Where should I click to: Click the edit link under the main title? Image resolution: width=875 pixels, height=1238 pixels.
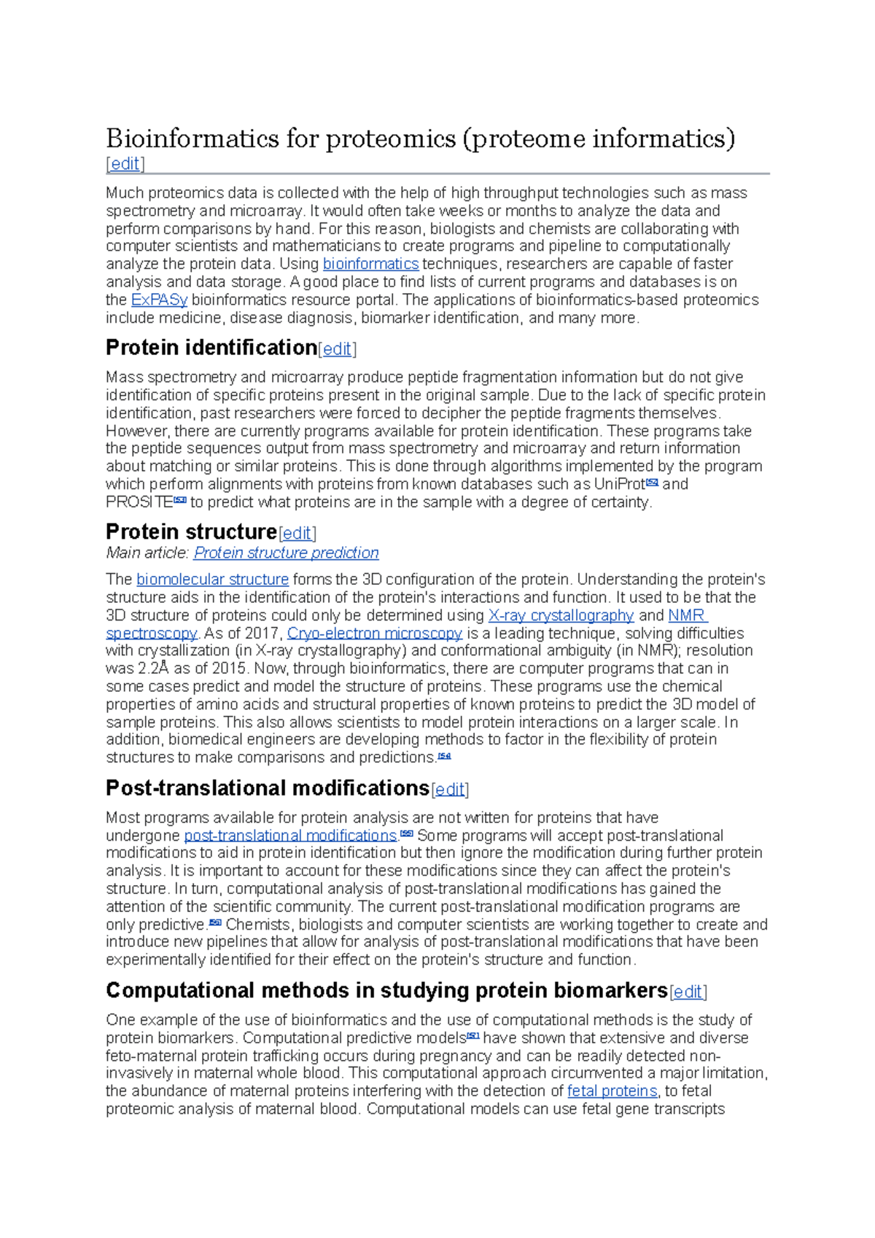click(125, 164)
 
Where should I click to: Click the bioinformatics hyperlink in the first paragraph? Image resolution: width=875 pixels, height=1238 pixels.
click(370, 264)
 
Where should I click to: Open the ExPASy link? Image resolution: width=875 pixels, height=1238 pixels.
click(159, 300)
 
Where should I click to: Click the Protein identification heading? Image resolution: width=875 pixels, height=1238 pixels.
click(211, 347)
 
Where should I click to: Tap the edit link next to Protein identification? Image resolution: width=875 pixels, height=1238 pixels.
click(337, 349)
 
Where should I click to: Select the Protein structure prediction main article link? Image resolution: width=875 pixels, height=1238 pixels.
click(286, 553)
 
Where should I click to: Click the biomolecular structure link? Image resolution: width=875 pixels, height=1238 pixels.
click(212, 580)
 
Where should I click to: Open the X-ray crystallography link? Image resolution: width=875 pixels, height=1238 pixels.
click(561, 615)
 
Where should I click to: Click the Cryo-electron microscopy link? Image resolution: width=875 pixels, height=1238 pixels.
click(374, 633)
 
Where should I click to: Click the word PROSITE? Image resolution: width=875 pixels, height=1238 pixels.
click(139, 502)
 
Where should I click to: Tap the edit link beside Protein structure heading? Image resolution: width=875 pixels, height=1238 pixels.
click(297, 533)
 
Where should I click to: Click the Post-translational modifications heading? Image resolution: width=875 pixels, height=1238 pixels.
click(267, 788)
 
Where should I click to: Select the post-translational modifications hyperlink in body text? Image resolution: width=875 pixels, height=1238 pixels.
click(290, 836)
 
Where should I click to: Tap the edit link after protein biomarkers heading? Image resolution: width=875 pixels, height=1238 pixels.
click(688, 992)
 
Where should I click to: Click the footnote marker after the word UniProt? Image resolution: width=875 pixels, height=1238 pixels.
click(653, 482)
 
